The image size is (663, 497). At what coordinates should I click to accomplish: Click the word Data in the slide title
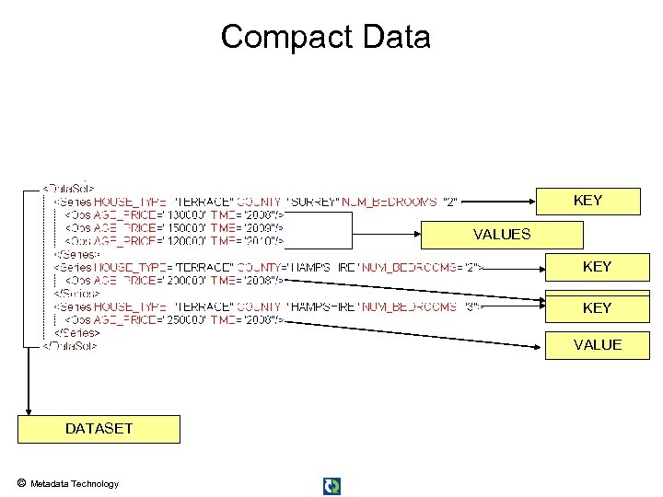coord(395,37)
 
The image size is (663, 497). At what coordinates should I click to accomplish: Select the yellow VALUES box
coord(502,235)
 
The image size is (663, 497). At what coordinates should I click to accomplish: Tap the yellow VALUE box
coord(597,345)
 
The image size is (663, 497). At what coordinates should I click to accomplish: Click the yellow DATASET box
coord(99,429)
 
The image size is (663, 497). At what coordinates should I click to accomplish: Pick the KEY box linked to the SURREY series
coord(587,201)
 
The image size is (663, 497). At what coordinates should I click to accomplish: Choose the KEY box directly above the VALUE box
coord(597,308)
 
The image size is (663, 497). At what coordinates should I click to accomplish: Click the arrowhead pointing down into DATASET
coord(29,410)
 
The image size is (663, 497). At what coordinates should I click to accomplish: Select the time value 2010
coord(263,241)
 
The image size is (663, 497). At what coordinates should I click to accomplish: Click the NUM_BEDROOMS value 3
coord(470,306)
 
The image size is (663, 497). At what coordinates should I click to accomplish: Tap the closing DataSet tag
coord(70,346)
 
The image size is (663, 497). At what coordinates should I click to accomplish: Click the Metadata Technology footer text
coord(75,484)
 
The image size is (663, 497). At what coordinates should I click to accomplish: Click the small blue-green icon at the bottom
coord(332,486)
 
